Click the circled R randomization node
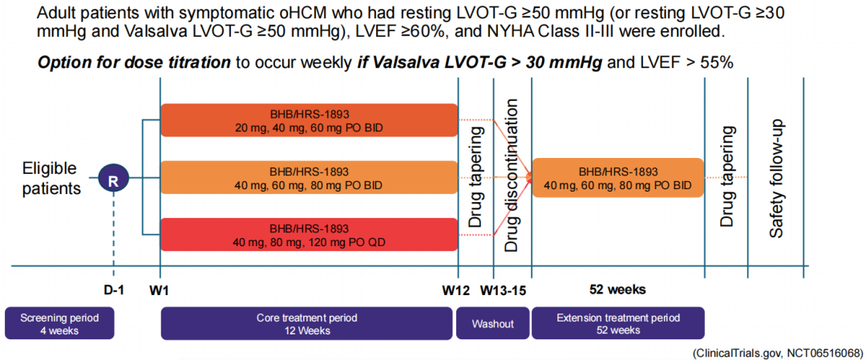point(113,179)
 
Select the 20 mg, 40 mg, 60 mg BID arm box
point(309,119)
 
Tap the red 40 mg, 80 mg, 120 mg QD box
point(309,234)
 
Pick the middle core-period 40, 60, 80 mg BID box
point(309,178)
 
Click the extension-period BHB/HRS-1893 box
point(617,178)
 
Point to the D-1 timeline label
point(113,288)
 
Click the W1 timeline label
point(160,288)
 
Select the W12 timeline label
point(457,288)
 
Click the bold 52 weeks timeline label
point(617,288)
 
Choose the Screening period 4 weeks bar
point(60,323)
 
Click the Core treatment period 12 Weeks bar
point(309,323)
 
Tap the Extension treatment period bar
point(617,323)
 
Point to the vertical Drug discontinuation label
point(512,176)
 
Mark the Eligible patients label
point(51,179)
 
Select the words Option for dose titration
point(133,63)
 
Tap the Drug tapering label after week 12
point(476,176)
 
